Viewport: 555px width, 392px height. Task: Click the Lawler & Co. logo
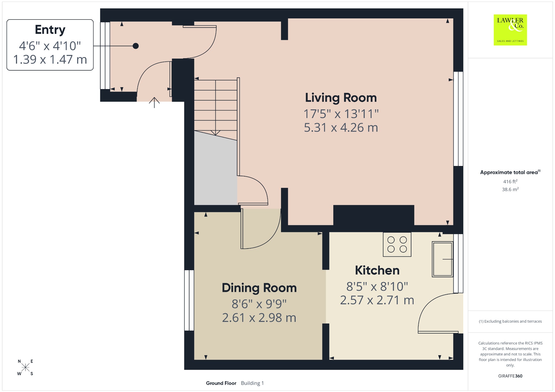[x=510, y=30]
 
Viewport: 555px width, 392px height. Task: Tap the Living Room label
[x=341, y=98]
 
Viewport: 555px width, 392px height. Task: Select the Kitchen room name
[x=377, y=270]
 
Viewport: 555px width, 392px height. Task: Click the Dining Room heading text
[x=259, y=288]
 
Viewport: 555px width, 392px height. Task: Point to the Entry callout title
[x=50, y=30]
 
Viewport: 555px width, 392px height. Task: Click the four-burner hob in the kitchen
[x=397, y=244]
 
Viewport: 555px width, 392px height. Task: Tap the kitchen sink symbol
[x=442, y=259]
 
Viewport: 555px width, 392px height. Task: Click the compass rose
[x=25, y=367]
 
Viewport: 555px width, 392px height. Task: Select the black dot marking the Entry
[x=136, y=46]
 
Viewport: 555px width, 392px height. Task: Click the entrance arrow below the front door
[x=154, y=102]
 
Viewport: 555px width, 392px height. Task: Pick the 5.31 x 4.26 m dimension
[x=341, y=128]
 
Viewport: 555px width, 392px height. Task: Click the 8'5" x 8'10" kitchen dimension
[x=377, y=286]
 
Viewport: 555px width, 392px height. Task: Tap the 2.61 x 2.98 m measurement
[x=259, y=318]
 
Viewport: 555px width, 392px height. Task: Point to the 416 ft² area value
[x=510, y=181]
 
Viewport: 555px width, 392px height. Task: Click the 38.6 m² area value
[x=510, y=189]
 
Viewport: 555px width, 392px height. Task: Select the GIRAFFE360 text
[x=510, y=376]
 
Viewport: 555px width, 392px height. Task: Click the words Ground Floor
[x=221, y=383]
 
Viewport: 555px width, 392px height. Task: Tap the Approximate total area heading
[x=509, y=172]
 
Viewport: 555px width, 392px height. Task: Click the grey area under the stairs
[x=216, y=171]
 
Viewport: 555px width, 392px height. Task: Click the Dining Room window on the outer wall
[x=189, y=300]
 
